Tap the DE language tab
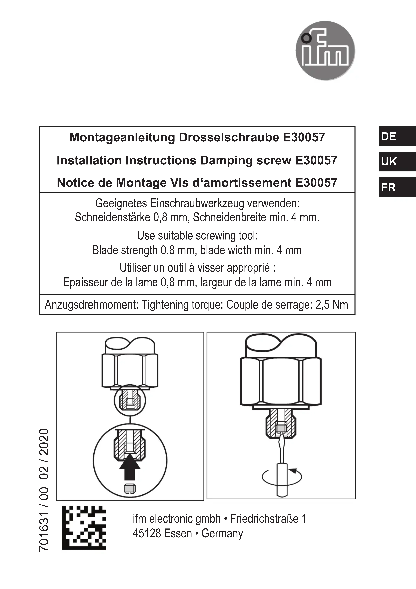[397, 136]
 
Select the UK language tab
[397, 162]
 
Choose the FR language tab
[397, 187]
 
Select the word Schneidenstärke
[112, 218]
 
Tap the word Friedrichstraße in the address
[264, 519]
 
